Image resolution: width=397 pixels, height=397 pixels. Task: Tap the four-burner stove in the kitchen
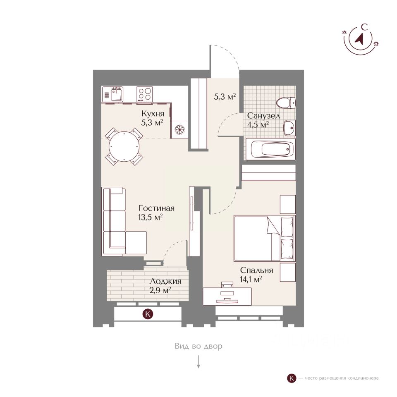coord(144,94)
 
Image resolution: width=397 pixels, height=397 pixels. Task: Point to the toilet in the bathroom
coord(287,102)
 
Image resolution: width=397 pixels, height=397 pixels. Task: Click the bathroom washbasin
coord(289,128)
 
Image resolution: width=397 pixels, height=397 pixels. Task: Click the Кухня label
coord(153,114)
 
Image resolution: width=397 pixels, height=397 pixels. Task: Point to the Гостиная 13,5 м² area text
coord(156,213)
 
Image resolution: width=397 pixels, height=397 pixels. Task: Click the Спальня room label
coord(256,270)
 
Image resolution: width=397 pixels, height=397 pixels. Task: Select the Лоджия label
coord(165,282)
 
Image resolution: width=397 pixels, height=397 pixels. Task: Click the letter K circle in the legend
coord(292,378)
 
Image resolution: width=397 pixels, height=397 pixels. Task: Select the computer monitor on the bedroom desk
coord(227,294)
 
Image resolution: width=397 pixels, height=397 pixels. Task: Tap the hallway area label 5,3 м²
coord(225,97)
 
